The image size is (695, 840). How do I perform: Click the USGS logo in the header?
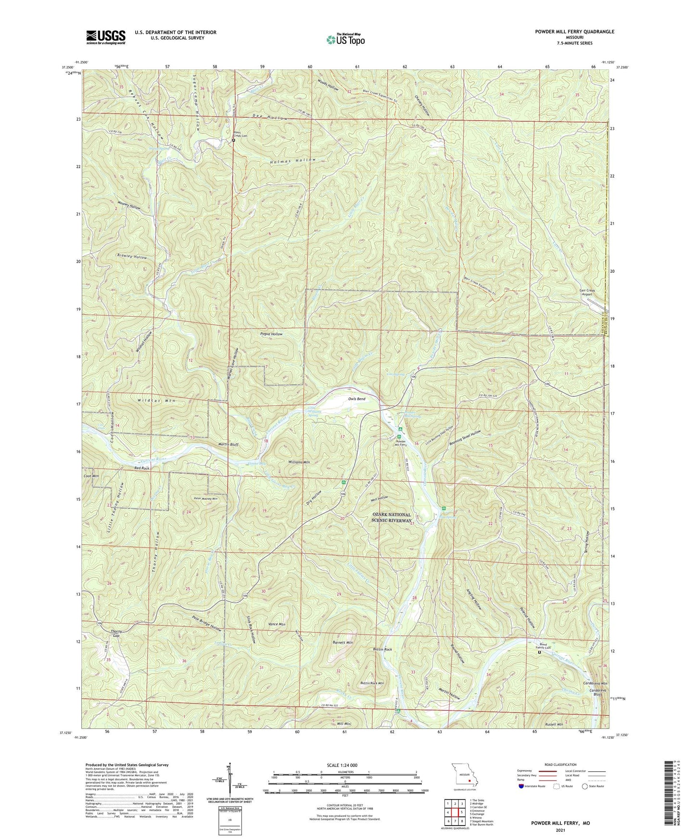tap(106, 37)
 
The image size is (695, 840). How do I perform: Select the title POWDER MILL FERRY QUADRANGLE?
tap(574, 32)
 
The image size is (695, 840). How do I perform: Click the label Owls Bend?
tap(357, 399)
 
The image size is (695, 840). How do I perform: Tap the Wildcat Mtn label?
tap(157, 401)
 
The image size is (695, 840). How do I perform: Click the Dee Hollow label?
tap(270, 117)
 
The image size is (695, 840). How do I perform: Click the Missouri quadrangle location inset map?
tap(465, 776)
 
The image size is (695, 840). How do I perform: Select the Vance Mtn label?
tap(276, 624)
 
